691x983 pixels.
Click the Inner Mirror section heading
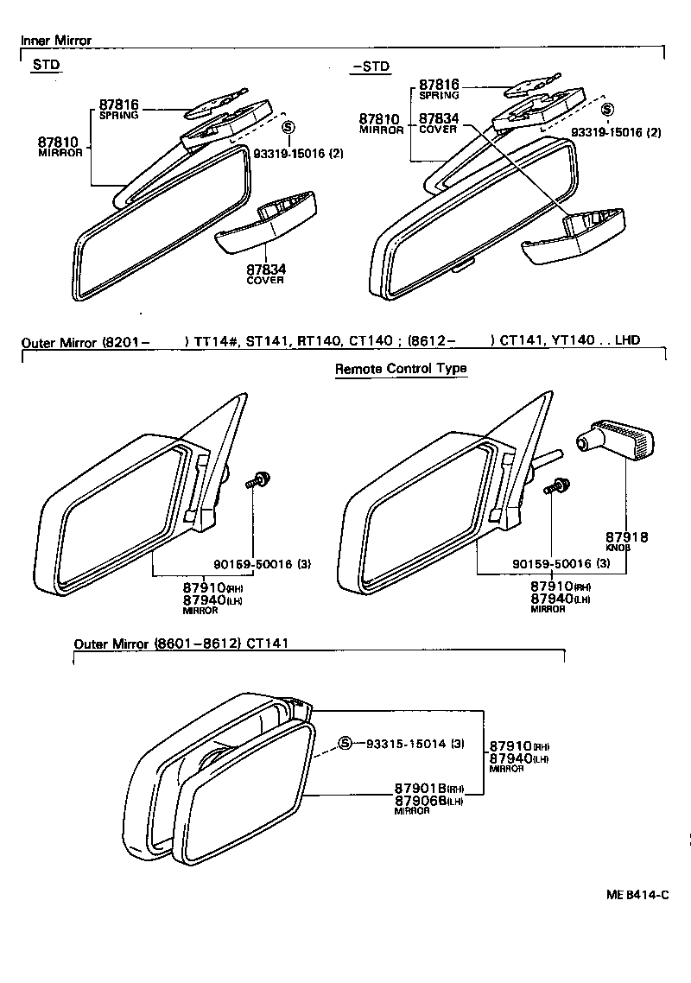pos(56,41)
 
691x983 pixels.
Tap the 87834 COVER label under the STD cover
pos(265,274)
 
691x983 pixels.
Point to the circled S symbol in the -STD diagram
pos(607,110)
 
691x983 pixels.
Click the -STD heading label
pos(371,67)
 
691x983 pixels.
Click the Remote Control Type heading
pos(400,369)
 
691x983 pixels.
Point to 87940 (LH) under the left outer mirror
pos(204,599)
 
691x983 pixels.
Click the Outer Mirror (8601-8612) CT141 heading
pos(180,644)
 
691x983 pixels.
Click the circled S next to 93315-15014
pos(345,744)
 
